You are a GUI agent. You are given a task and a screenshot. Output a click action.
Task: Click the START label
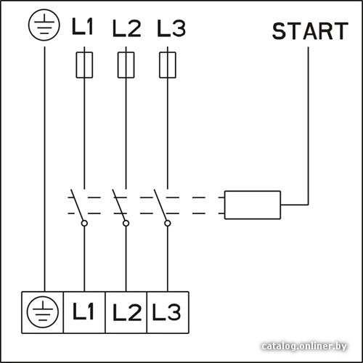click(310, 31)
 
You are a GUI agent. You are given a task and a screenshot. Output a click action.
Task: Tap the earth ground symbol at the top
click(44, 26)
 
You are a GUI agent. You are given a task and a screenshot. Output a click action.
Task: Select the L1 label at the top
click(82, 27)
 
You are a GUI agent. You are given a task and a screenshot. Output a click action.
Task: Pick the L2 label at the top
click(126, 28)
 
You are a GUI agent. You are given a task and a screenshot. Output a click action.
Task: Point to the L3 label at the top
click(171, 28)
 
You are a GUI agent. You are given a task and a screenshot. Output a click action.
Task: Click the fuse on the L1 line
click(84, 65)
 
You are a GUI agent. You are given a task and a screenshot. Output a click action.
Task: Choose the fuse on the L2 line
click(126, 65)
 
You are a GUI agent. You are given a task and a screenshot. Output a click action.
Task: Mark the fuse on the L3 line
click(168, 65)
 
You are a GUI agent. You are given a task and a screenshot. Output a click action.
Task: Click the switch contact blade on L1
click(77, 205)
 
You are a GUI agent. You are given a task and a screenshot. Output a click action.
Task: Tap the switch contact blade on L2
click(118, 205)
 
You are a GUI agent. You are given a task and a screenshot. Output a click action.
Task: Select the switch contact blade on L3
click(160, 205)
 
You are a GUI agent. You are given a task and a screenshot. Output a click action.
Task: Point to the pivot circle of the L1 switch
click(84, 223)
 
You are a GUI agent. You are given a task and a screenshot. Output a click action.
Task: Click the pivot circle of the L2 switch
click(126, 223)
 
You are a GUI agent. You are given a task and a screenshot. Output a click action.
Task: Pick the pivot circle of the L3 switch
click(168, 223)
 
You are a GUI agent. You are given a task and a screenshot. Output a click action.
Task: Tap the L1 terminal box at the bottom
click(84, 312)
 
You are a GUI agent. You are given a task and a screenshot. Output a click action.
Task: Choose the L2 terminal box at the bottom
click(126, 312)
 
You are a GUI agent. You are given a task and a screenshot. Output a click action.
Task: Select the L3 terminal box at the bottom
click(168, 312)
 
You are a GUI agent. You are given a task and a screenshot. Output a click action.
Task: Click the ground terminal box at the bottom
click(43, 312)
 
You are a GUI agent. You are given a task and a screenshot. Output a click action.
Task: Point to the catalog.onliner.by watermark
click(304, 346)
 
